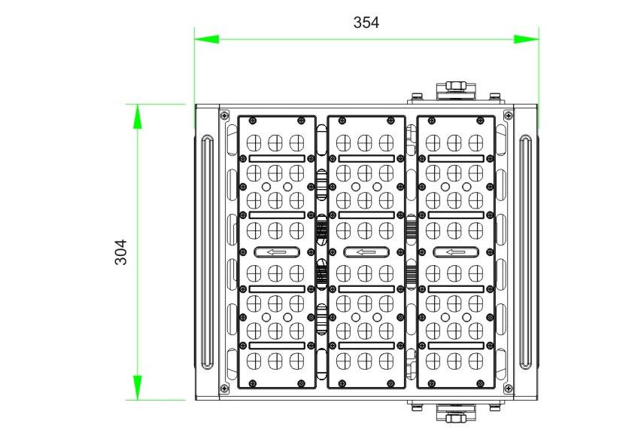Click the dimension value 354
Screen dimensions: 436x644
coord(366,23)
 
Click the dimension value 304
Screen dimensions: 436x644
coord(120,252)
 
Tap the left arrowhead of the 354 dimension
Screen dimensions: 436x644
coord(206,38)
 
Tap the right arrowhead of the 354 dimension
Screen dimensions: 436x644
coord(527,38)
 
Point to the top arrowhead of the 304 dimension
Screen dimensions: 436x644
coord(138,116)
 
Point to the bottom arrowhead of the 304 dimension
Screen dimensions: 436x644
coord(138,387)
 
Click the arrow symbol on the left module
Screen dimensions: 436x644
coord(277,252)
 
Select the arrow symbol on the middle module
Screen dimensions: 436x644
coord(366,252)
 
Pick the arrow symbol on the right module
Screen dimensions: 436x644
coord(455,252)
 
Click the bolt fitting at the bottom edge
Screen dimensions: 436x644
coord(454,416)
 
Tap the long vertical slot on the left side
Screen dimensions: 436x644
coord(207,252)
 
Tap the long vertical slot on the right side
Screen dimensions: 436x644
coord(526,252)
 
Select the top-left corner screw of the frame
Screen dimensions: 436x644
coord(223,114)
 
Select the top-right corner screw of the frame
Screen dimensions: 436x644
coord(509,114)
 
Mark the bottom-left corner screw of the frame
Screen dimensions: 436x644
coord(223,389)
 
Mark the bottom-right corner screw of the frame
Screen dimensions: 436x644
coord(509,389)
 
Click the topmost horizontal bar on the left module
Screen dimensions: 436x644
coord(277,159)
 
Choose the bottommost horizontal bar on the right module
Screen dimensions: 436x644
coord(455,345)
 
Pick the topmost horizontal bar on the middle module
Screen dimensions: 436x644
coord(366,159)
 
